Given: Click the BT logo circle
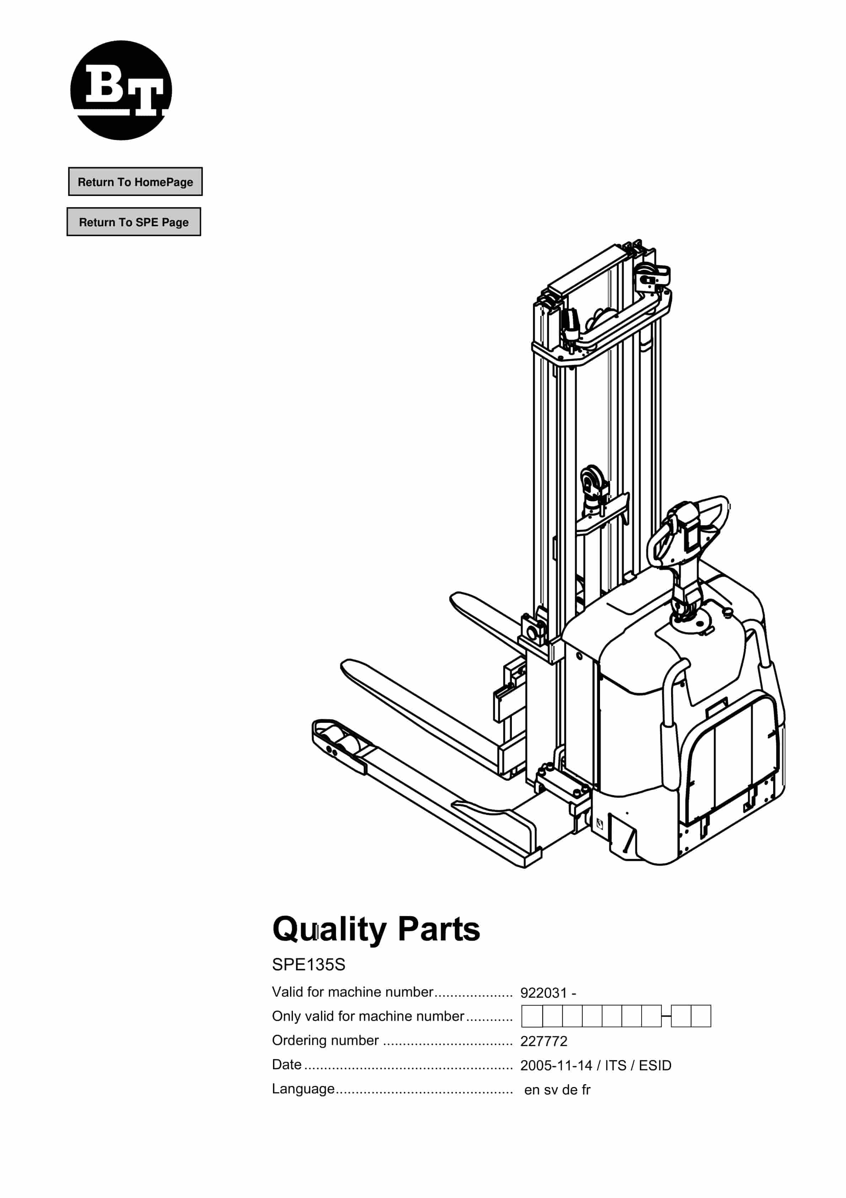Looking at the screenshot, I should coord(121,90).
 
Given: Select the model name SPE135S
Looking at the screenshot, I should coord(308,965).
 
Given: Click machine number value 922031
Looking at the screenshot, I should coord(543,993).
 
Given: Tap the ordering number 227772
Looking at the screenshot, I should coord(544,1041).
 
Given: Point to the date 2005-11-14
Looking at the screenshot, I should coord(556,1065).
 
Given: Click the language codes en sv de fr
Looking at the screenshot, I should coord(557,1090).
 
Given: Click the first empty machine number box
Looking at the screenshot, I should coord(532,1017).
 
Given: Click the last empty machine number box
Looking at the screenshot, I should coord(701,1017).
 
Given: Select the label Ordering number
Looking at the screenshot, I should coord(325,1040).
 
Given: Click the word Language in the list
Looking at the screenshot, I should coord(303,1089).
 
